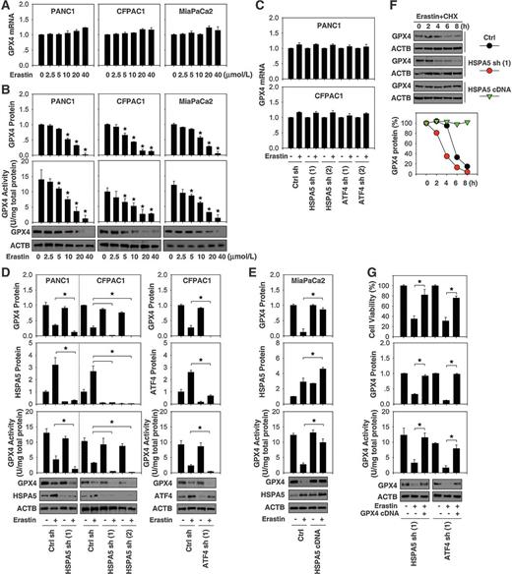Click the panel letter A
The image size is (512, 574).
(x=7, y=7)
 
